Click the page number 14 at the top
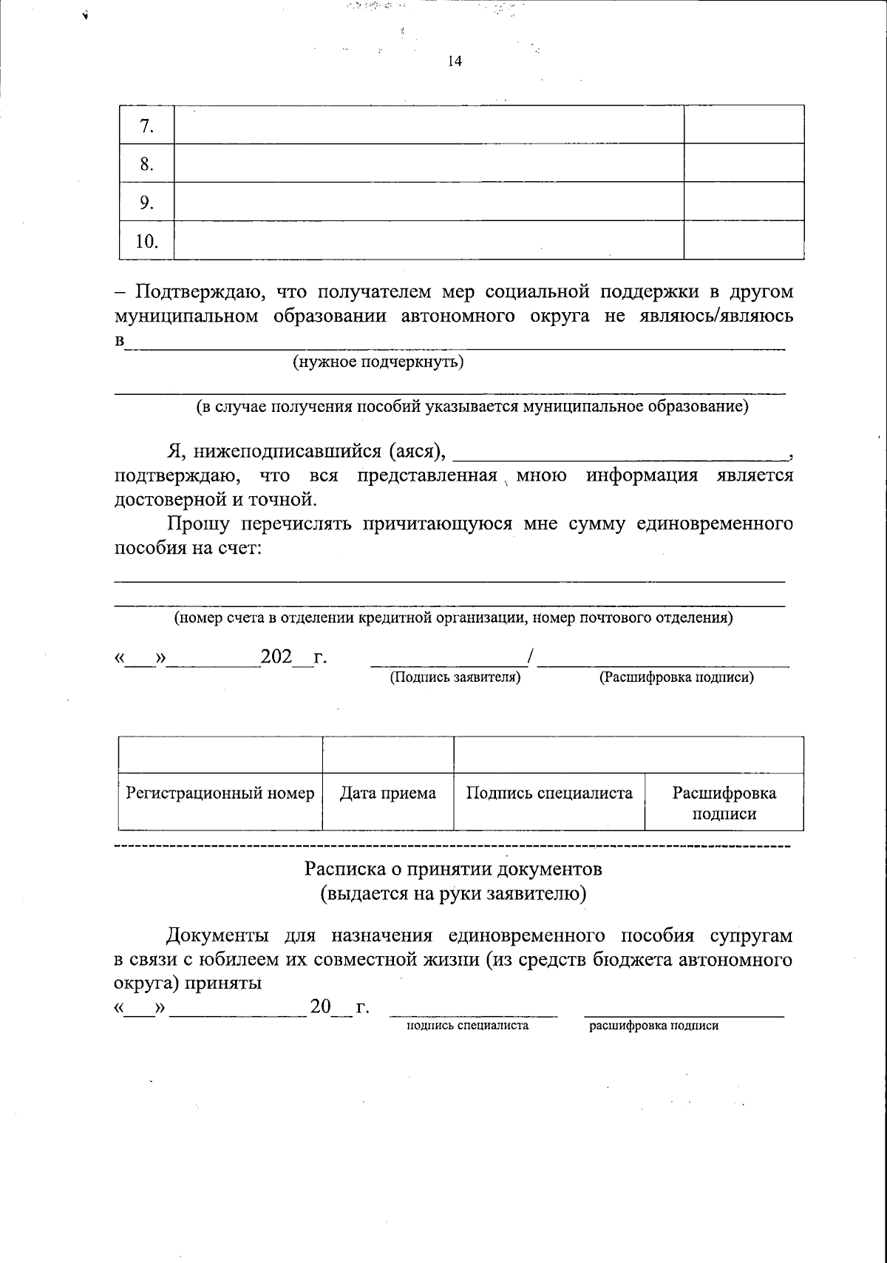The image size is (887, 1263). [455, 62]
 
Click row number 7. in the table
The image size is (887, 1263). [146, 126]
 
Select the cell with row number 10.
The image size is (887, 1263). [146, 241]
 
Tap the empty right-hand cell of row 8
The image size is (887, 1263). [744, 163]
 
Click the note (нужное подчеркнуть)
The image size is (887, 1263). [378, 362]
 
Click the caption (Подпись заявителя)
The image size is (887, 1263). [455, 677]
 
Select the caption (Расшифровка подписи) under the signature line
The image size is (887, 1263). [676, 677]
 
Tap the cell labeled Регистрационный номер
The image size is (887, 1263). [220, 794]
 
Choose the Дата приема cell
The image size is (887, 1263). [388, 794]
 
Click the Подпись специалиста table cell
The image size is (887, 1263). [549, 794]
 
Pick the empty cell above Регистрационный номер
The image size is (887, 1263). [220, 755]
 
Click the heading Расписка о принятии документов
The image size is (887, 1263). [454, 868]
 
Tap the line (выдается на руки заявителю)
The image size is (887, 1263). [454, 894]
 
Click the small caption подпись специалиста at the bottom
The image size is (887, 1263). [467, 1026]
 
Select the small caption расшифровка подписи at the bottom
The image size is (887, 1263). [653, 1026]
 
